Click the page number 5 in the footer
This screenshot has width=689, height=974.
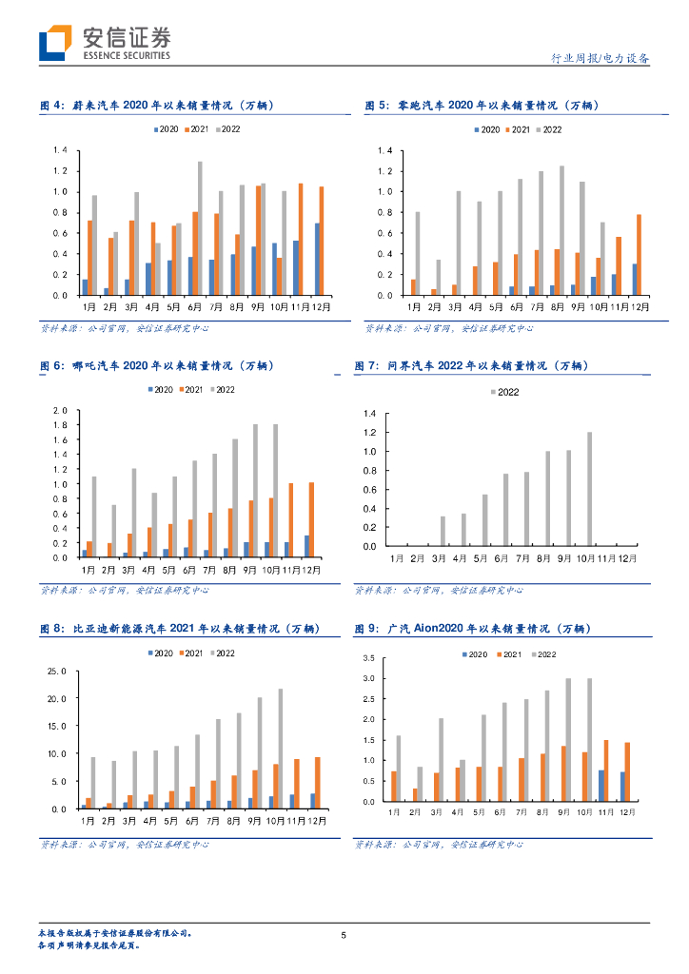click(x=344, y=935)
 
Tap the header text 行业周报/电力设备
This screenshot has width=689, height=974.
click(x=600, y=59)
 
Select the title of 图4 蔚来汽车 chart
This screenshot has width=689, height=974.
click(x=158, y=106)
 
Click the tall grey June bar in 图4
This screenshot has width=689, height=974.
click(x=200, y=228)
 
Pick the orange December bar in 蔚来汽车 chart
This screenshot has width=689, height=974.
click(x=321, y=241)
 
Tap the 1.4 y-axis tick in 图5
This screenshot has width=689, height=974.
click(x=385, y=150)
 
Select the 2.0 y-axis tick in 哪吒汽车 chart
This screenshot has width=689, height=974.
click(x=59, y=410)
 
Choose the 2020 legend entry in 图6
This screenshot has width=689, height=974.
click(x=159, y=390)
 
